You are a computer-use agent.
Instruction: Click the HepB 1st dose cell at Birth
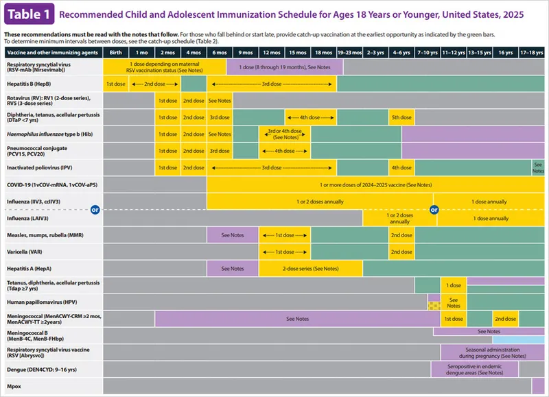pos(115,83)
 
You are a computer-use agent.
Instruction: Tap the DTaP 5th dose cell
pos(401,117)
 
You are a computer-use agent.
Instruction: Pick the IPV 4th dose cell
pos(401,167)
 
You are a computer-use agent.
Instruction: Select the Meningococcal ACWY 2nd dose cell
pos(506,318)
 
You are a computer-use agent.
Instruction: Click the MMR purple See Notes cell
pos(233,234)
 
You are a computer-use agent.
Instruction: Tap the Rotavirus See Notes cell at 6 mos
pos(220,100)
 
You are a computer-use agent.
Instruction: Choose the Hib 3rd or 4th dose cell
pos(285,133)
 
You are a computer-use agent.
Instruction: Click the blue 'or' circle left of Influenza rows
pos(96,210)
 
